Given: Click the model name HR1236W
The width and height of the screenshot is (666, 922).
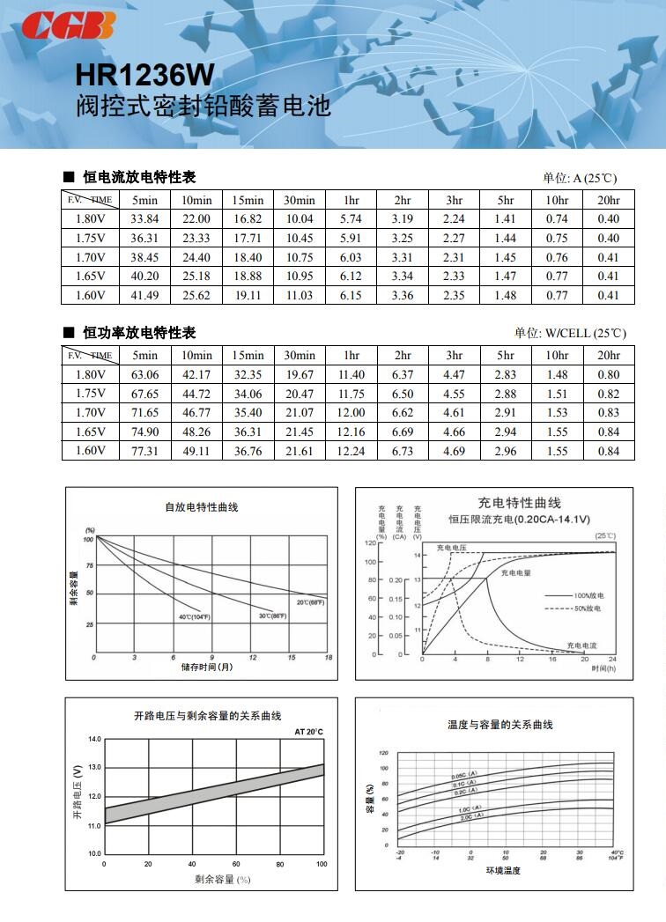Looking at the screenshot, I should [x=144, y=74].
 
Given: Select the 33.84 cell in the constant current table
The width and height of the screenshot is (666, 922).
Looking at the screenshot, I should [x=145, y=219].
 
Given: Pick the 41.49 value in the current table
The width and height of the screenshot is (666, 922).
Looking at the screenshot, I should [x=145, y=296].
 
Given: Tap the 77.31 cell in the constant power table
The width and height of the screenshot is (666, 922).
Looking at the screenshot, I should [x=145, y=451].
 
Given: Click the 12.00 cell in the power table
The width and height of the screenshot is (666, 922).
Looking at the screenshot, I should [x=351, y=412].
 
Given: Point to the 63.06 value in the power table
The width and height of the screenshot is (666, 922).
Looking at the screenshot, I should [x=145, y=374].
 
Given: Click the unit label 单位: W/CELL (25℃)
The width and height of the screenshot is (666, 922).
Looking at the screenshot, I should [x=570, y=333].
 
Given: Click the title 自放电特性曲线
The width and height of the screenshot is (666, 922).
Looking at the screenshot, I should [x=202, y=507].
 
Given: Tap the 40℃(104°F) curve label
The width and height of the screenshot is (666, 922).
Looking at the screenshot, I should [x=195, y=617].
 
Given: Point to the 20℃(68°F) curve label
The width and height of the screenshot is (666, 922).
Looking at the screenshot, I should [x=310, y=602].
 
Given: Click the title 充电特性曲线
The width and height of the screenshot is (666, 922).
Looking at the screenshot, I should [x=520, y=503].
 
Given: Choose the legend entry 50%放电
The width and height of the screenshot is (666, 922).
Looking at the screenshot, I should [x=588, y=609].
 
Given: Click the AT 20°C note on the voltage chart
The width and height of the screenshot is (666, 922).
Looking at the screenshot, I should [x=308, y=732].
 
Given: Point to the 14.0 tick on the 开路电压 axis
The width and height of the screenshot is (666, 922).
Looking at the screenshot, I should [x=95, y=739].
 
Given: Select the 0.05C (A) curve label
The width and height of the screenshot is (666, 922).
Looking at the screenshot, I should [x=465, y=775].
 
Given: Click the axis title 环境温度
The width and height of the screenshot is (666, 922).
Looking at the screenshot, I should [x=503, y=871].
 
